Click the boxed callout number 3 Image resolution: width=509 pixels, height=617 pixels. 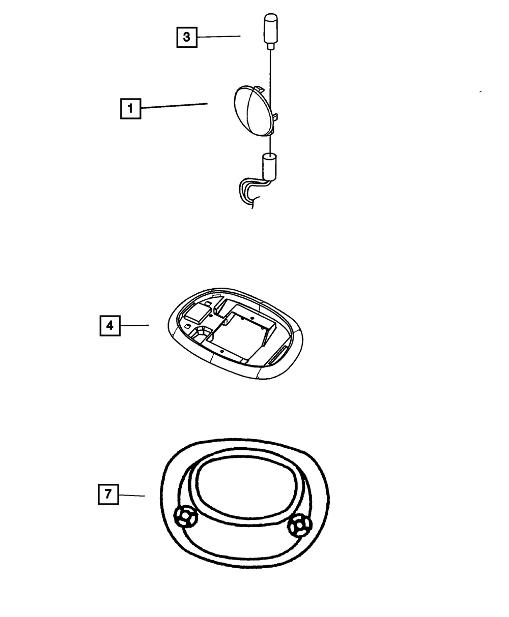[187, 37]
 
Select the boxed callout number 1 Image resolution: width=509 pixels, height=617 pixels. [130, 108]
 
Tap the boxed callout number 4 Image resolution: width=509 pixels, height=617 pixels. [110, 326]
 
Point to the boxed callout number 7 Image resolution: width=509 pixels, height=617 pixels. [108, 493]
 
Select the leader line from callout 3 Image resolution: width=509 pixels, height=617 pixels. [219, 37]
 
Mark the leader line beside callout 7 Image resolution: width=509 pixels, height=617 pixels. [132, 495]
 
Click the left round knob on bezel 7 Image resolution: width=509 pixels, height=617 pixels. [185, 517]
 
